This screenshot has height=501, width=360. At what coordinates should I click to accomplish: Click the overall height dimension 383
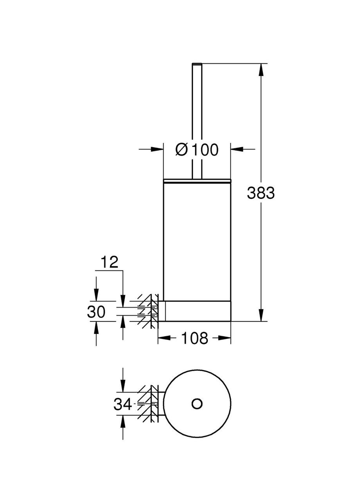[x=261, y=193]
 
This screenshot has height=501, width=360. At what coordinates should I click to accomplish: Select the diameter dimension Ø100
[x=197, y=149]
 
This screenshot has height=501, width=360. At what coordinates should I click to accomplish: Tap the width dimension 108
[x=194, y=338]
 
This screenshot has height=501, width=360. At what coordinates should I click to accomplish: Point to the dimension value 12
[x=108, y=263]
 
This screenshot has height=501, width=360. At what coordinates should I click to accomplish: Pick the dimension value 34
[x=122, y=404]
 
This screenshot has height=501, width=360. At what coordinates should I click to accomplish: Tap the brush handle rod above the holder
[x=197, y=117]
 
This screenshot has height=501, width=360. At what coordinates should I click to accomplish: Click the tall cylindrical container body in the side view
[x=197, y=239]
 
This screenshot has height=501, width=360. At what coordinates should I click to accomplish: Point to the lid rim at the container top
[x=197, y=180]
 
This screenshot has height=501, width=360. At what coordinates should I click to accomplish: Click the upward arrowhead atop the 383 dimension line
[x=261, y=70]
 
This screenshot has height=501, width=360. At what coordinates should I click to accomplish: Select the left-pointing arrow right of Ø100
[x=237, y=149]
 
